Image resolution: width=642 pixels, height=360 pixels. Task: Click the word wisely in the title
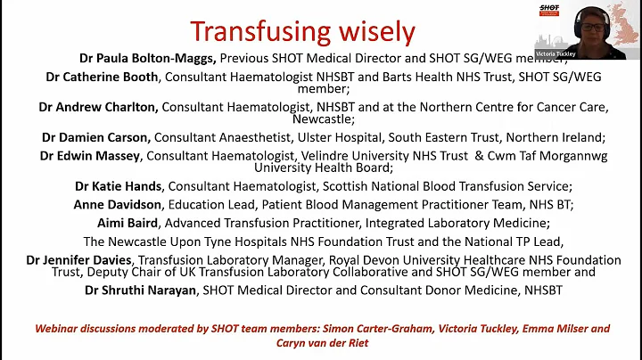(375, 32)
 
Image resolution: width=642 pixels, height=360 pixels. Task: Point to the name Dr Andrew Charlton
(98, 107)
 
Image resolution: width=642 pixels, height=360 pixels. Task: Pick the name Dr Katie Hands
(119, 186)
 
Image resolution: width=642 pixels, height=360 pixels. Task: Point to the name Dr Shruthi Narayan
(141, 290)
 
